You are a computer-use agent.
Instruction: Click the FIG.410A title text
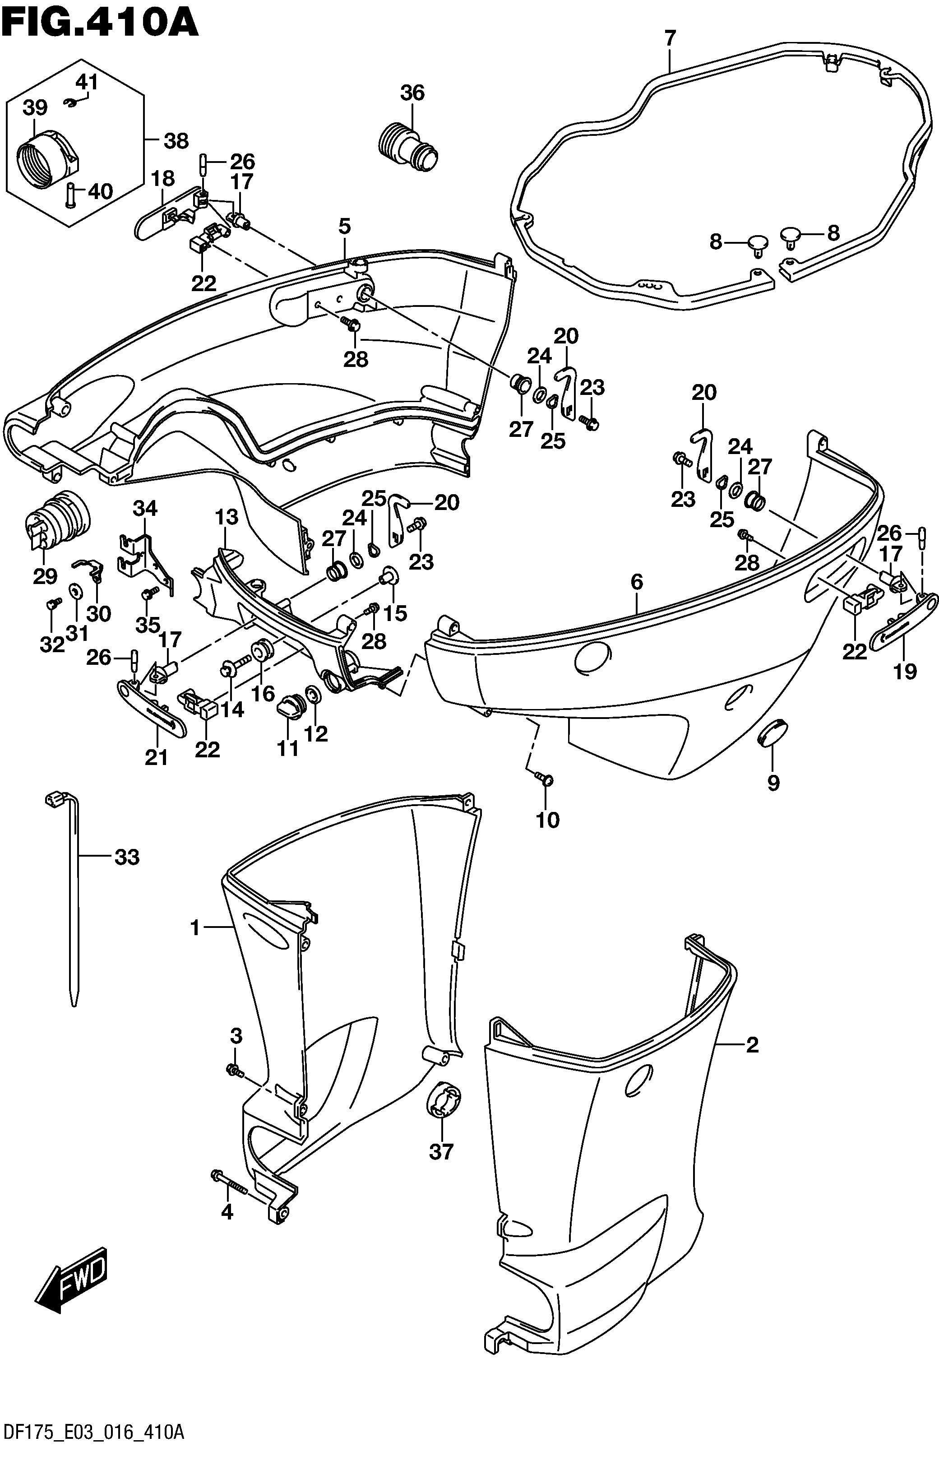(100, 23)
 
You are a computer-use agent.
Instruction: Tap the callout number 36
(412, 93)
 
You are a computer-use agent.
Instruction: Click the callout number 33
(127, 857)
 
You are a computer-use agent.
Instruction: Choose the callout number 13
(227, 517)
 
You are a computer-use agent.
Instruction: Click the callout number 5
(345, 227)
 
